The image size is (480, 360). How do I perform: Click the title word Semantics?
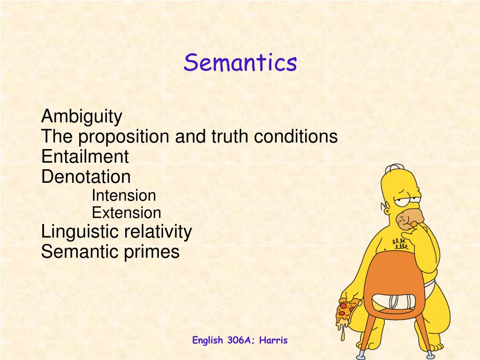click(240, 62)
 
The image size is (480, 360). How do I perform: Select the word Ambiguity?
click(82, 117)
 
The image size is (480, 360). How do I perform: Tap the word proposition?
click(124, 137)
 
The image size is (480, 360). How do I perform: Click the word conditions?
click(296, 136)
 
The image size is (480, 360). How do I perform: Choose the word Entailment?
click(85, 157)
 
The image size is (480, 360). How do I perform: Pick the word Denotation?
click(86, 177)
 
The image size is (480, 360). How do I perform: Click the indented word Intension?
click(124, 195)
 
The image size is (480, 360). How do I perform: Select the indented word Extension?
click(127, 213)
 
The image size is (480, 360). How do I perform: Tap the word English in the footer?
click(208, 340)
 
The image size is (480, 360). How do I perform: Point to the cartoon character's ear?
click(387, 211)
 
